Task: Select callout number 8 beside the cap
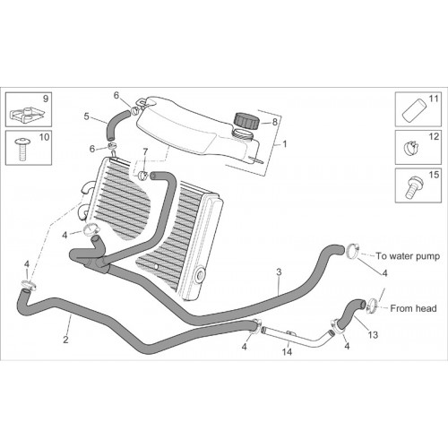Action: click(274, 122)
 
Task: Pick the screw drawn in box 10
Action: click(22, 149)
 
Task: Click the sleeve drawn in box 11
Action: click(414, 110)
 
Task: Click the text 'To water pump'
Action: click(408, 256)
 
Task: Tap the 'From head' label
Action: click(413, 308)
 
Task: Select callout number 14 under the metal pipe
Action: click(287, 352)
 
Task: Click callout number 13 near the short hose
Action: click(373, 335)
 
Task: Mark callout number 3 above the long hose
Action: click(279, 272)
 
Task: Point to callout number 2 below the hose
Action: click(65, 340)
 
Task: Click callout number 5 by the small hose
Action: click(86, 116)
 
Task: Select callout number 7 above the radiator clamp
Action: click(145, 152)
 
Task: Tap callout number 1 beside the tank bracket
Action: click(285, 144)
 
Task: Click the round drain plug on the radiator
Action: click(199, 276)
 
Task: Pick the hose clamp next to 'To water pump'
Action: click(353, 252)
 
